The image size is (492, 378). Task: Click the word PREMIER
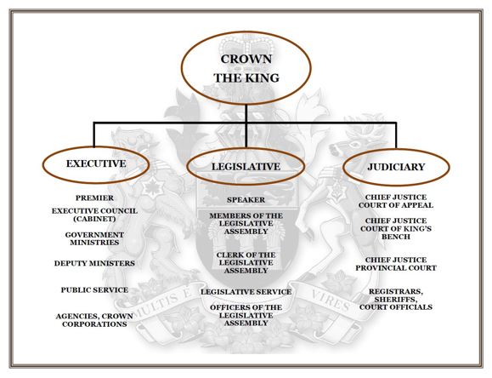tap(94, 198)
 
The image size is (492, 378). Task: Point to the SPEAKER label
tap(246, 200)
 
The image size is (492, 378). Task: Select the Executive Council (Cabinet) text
tap(94, 215)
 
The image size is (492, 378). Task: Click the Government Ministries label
tap(94, 238)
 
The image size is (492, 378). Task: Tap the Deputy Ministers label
tap(94, 263)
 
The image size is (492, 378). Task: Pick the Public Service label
tap(94, 290)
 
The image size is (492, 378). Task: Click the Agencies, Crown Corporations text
tap(94, 320)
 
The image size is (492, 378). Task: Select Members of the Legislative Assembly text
tap(246, 224)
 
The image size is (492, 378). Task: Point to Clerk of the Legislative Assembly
tap(246, 263)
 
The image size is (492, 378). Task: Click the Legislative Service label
tap(246, 292)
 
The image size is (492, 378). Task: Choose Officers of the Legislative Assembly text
tap(246, 315)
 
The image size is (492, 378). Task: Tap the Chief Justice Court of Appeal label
tap(396, 201)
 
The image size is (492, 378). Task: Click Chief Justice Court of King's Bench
tap(396, 229)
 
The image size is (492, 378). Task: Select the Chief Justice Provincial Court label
tap(396, 264)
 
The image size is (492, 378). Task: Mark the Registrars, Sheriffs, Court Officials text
tap(396, 300)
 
